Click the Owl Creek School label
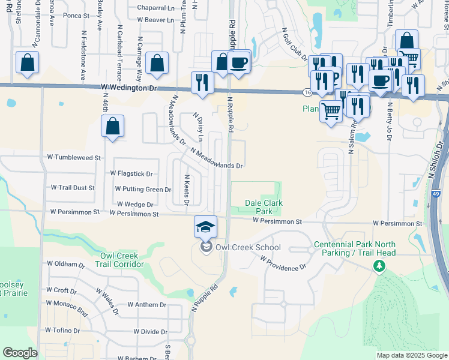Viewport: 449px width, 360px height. click(248, 247)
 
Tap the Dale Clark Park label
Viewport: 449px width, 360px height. click(264, 207)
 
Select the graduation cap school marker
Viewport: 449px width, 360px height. click(205, 227)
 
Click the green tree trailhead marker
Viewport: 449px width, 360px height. click(379, 265)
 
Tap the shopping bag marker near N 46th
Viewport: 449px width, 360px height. click(112, 127)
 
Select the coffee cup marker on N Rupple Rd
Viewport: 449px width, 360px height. click(239, 62)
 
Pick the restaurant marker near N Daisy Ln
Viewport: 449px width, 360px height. click(202, 83)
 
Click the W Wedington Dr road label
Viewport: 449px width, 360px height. click(128, 88)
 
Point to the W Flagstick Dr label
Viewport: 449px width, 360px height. click(131, 173)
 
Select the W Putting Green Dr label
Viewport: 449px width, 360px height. click(143, 189)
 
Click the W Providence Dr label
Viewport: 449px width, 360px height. click(283, 263)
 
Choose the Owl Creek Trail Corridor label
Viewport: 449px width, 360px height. click(122, 260)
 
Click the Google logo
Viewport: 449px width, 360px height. click(19, 353)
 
